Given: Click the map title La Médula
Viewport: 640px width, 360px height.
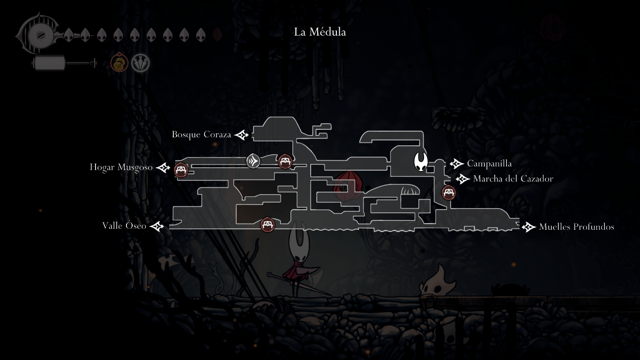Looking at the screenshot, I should [x=320, y=32].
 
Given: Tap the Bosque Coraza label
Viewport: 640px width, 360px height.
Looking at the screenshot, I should [x=201, y=135].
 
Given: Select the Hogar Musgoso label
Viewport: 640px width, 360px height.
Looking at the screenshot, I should [x=121, y=167].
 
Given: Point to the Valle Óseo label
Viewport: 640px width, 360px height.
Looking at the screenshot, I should [x=124, y=226].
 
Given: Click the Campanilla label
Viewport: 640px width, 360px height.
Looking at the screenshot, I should [x=489, y=164].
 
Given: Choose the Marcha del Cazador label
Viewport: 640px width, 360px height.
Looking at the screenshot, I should [x=513, y=179].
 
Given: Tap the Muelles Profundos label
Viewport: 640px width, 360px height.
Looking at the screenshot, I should [x=576, y=227].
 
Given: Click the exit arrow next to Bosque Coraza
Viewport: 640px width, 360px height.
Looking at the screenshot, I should [x=242, y=135].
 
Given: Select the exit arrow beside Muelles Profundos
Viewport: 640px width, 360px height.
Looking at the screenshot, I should [x=529, y=227].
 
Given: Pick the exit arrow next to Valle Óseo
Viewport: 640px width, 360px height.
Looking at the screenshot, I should [x=157, y=226].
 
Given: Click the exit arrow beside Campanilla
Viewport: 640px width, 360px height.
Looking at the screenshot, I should [x=456, y=164].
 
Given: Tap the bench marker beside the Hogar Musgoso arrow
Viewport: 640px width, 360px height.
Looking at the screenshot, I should [x=181, y=170].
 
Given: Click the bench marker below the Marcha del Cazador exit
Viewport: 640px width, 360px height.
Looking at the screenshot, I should [x=449, y=192].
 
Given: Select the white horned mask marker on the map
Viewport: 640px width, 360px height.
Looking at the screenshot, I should [x=421, y=162].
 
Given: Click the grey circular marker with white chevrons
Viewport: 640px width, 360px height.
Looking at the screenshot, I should [x=253, y=161].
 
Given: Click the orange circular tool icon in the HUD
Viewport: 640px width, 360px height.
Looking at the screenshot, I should [x=119, y=63].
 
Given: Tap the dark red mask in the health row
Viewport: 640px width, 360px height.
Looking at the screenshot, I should [x=217, y=35].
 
